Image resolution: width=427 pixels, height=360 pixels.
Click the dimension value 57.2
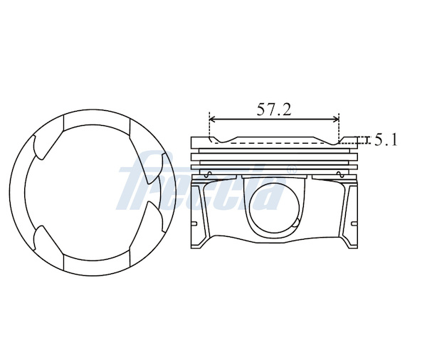pos(274,110)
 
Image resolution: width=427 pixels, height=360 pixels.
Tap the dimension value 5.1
pos(386,140)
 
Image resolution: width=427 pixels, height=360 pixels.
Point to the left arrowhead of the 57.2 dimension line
pos(213,119)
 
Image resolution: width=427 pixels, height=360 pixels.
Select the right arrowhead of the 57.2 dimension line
pos(335,119)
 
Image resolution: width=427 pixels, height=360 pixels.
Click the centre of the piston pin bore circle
pos(275,208)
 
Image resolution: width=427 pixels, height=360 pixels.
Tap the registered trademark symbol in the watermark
pos(291,169)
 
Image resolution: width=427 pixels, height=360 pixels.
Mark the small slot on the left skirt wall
pos(194,224)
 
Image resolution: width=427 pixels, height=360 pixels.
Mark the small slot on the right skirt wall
pos(354,224)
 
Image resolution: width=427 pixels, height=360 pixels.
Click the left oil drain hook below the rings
pos(209,174)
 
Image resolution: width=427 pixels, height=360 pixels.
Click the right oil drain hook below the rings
pos(339,174)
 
